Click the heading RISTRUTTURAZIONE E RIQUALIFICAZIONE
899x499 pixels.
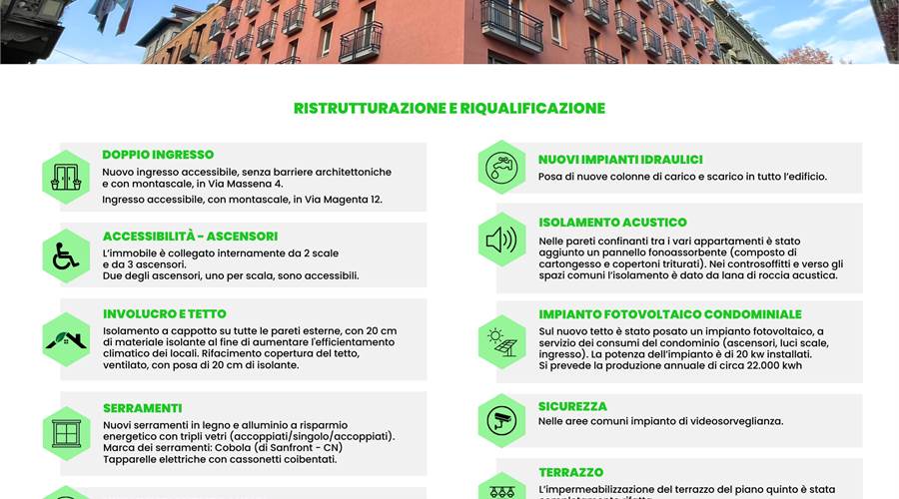point(449,108)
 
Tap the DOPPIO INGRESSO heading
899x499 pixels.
point(158,155)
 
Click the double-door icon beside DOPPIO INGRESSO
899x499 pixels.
point(66,177)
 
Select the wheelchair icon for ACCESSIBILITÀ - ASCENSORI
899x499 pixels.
point(66,256)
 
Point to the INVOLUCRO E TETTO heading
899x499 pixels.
point(165,313)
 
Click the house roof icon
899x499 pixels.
point(66,339)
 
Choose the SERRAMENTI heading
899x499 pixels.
point(142,408)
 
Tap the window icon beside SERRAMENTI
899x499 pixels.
point(66,433)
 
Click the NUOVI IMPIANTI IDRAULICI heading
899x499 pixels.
point(620,160)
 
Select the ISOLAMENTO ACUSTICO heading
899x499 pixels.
point(612,223)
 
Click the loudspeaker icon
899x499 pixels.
point(501,240)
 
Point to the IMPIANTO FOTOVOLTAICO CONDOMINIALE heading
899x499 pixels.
point(670,314)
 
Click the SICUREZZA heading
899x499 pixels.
point(572,406)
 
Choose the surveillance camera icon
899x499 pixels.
point(501,420)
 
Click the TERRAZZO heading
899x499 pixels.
point(570,472)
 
